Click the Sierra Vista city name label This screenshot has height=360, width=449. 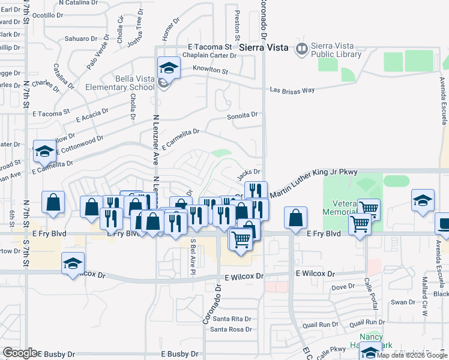[263, 47]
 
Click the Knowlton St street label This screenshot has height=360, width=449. [209, 71]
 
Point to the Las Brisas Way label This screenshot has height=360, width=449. [292, 90]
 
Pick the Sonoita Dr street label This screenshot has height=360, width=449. [242, 115]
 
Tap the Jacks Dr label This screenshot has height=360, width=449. [248, 172]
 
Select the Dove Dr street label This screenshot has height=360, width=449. [343, 287]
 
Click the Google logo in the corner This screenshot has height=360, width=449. [20, 353]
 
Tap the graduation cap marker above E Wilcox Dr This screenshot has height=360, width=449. [73, 264]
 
